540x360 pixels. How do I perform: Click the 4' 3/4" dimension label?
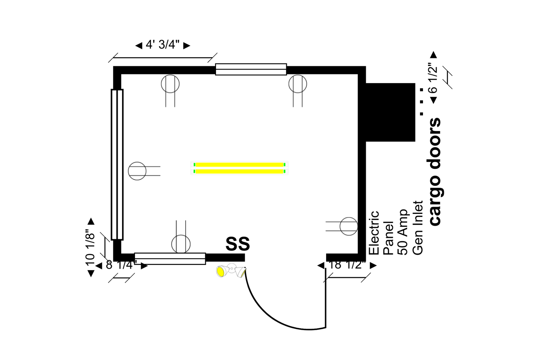point(163,45)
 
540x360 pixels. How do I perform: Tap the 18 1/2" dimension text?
point(347,265)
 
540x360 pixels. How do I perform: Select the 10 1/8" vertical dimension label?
point(90,247)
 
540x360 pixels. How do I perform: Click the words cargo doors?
point(435,172)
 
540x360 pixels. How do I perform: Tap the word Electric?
point(374,233)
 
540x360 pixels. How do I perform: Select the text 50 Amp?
point(402,232)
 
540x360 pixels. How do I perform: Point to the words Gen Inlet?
point(418,228)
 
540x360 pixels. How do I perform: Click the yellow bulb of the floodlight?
point(220,271)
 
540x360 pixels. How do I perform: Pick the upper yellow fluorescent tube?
point(239,165)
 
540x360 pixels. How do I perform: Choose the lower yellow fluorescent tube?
point(239,171)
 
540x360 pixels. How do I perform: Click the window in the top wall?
point(251,69)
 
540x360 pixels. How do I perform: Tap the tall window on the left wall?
point(117,165)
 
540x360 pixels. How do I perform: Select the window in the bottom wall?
point(170,259)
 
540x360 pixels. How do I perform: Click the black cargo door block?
point(391,112)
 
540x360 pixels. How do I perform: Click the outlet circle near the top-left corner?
point(170,75)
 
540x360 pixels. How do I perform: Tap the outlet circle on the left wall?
point(129,171)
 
